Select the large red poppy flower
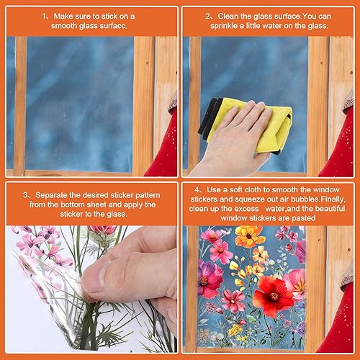(x=274, y=297)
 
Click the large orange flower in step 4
(x=249, y=236)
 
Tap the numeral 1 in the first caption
(x=44, y=17)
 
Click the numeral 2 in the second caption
(x=207, y=17)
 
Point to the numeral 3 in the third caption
(x=26, y=195)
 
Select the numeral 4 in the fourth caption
(x=197, y=189)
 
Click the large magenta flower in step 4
(x=210, y=278)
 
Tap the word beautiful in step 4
(x=330, y=209)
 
